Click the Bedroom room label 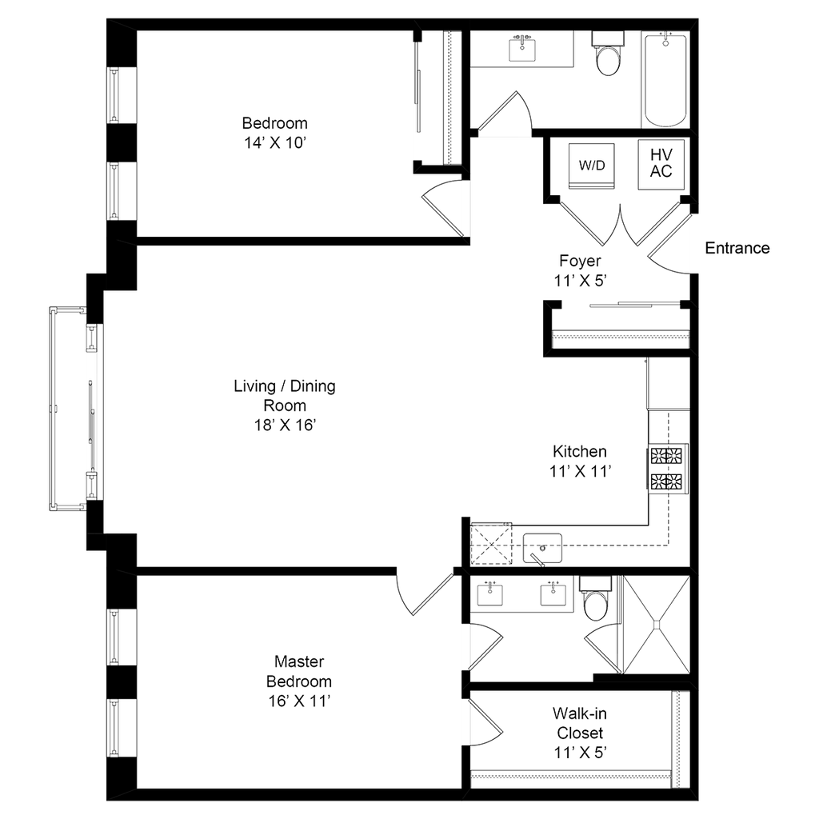274,133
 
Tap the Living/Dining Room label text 285,406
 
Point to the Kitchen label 581,461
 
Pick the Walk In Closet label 581,732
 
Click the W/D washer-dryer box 592,165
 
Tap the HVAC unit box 661,165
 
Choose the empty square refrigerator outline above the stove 668,384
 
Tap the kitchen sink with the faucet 543,548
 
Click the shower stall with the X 656,625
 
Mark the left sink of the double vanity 489,593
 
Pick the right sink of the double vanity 550,593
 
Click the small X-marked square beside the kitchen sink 491,544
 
